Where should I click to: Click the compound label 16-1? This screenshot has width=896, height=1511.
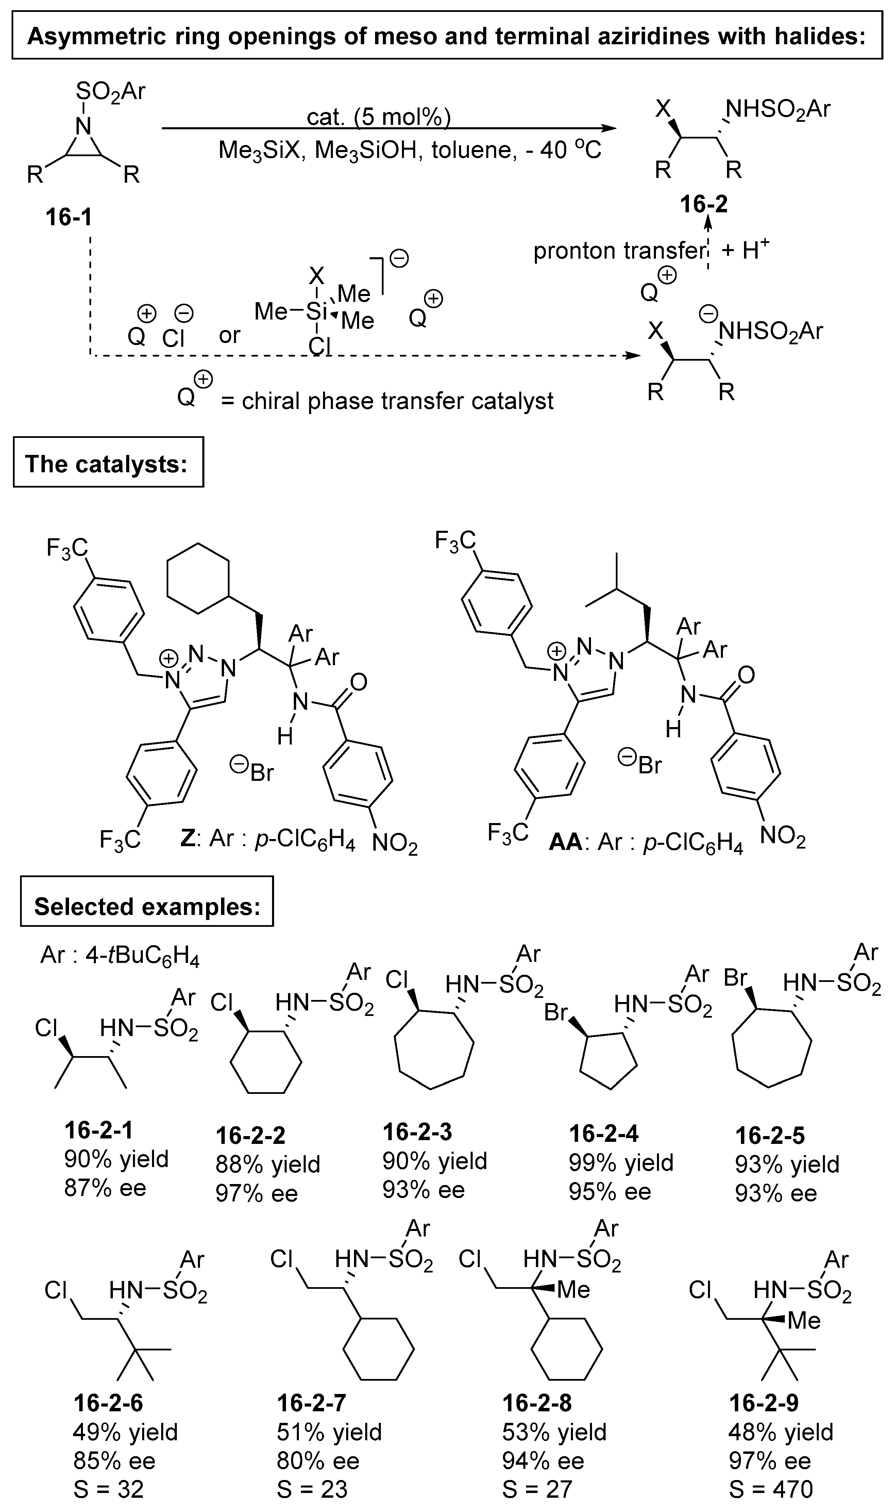tap(69, 217)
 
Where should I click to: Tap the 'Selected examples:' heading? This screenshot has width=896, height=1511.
tap(147, 906)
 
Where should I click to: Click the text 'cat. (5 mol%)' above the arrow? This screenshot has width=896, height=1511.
tap(378, 117)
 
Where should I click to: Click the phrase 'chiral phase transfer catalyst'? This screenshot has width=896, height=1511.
tap(397, 401)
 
